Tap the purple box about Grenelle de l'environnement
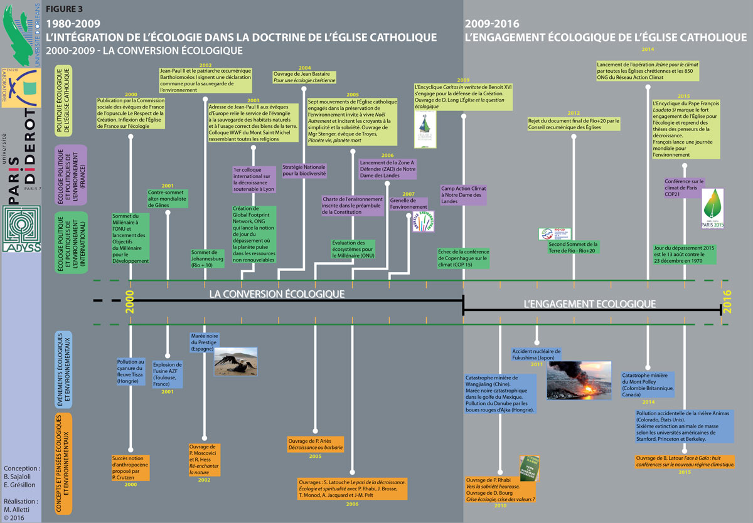pos(409,203)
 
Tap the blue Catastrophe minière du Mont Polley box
pos(648,384)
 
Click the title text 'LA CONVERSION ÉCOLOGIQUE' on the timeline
pos(277,293)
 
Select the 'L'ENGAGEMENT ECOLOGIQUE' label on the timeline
pos(590,304)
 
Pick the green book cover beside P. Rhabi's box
pos(529,468)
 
